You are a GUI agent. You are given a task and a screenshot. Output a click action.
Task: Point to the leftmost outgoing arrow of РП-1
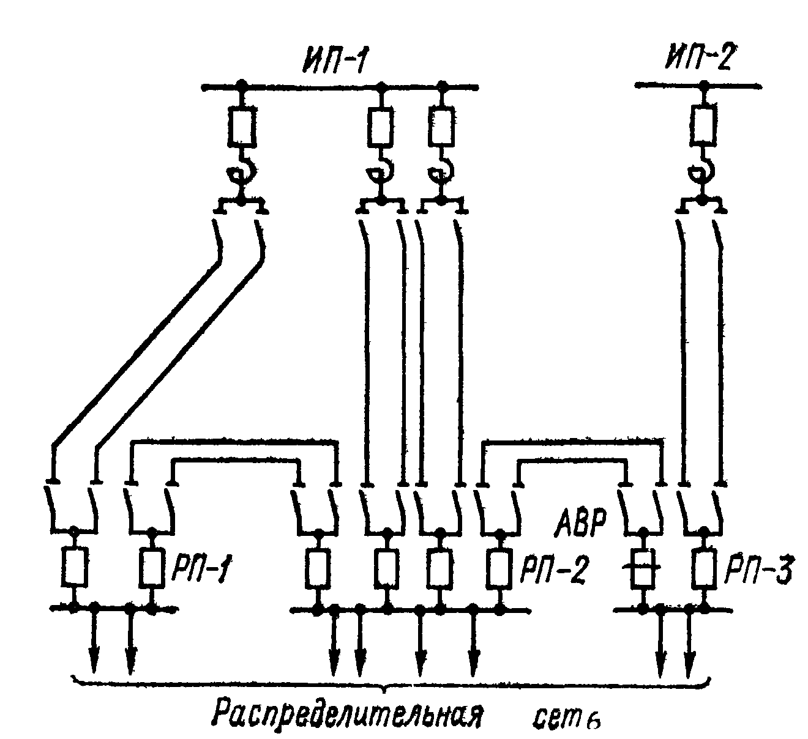tap(95, 655)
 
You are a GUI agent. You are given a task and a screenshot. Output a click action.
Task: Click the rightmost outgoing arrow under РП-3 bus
tap(689, 655)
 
